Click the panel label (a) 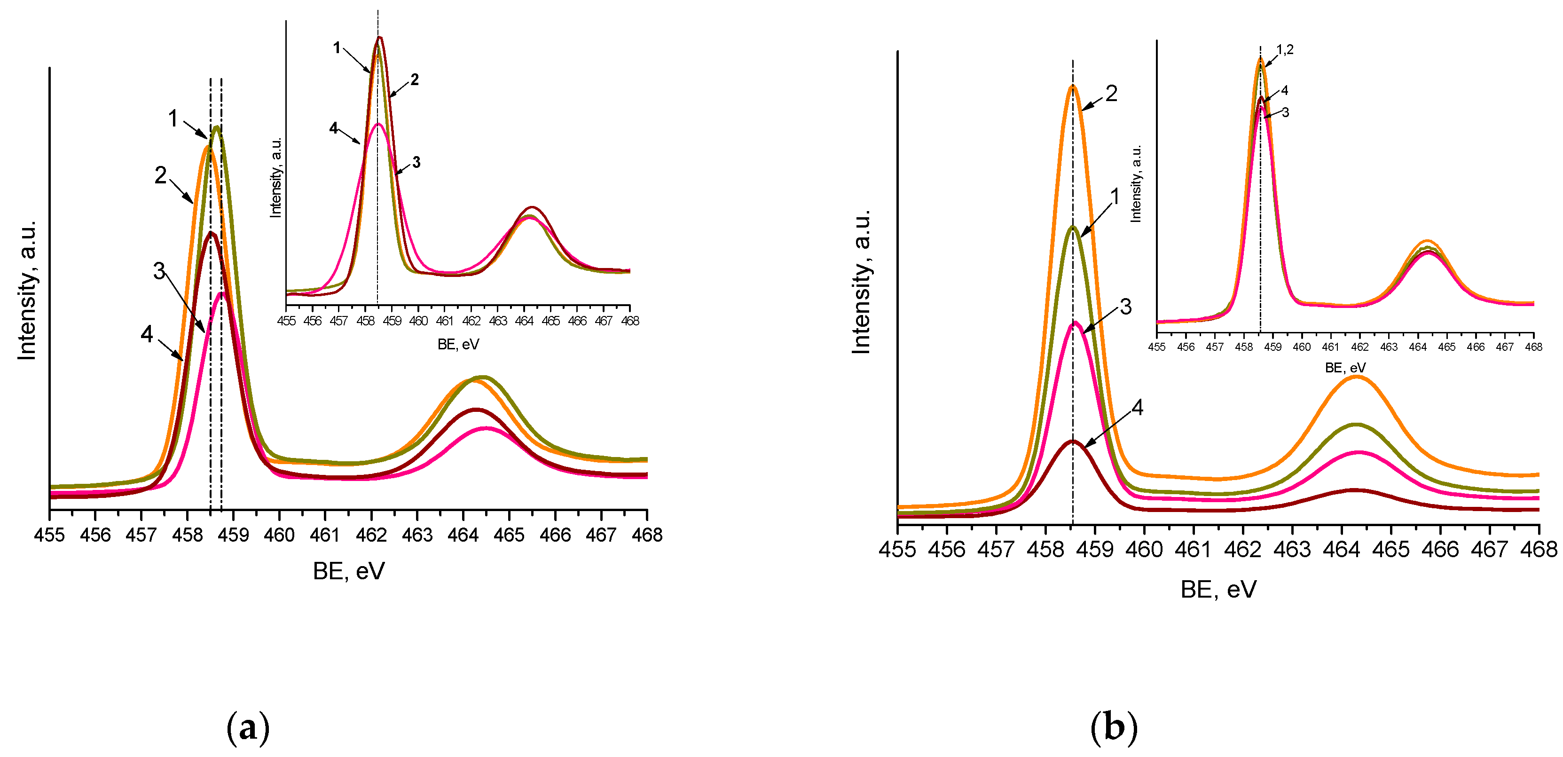pos(248,727)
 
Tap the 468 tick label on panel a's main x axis pos(647,535)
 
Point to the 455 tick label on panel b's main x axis pos(897,549)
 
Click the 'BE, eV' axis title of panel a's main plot pos(348,571)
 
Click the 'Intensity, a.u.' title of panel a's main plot pos(27,291)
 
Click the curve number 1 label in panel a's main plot pos(173,118)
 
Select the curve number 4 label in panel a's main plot pos(146,334)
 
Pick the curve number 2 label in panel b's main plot pos(1111,93)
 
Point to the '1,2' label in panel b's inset pos(1285,50)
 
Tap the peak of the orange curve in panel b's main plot pos(1073,87)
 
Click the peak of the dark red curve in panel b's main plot pos(1073,442)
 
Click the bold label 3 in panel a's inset pos(416,162)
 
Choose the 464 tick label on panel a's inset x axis pos(524,321)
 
